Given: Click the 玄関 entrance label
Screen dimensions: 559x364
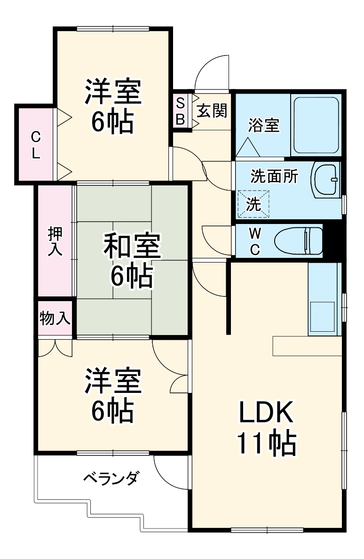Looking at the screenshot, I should coord(212,111).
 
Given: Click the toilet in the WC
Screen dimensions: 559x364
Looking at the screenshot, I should coord(299,241).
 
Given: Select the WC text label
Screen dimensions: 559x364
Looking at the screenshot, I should coord(254,241).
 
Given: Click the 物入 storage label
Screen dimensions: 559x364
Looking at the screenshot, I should coord(55,319).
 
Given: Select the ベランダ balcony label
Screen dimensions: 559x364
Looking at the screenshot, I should coord(111,479).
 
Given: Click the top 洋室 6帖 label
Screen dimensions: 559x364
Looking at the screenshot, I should coord(112,107).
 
